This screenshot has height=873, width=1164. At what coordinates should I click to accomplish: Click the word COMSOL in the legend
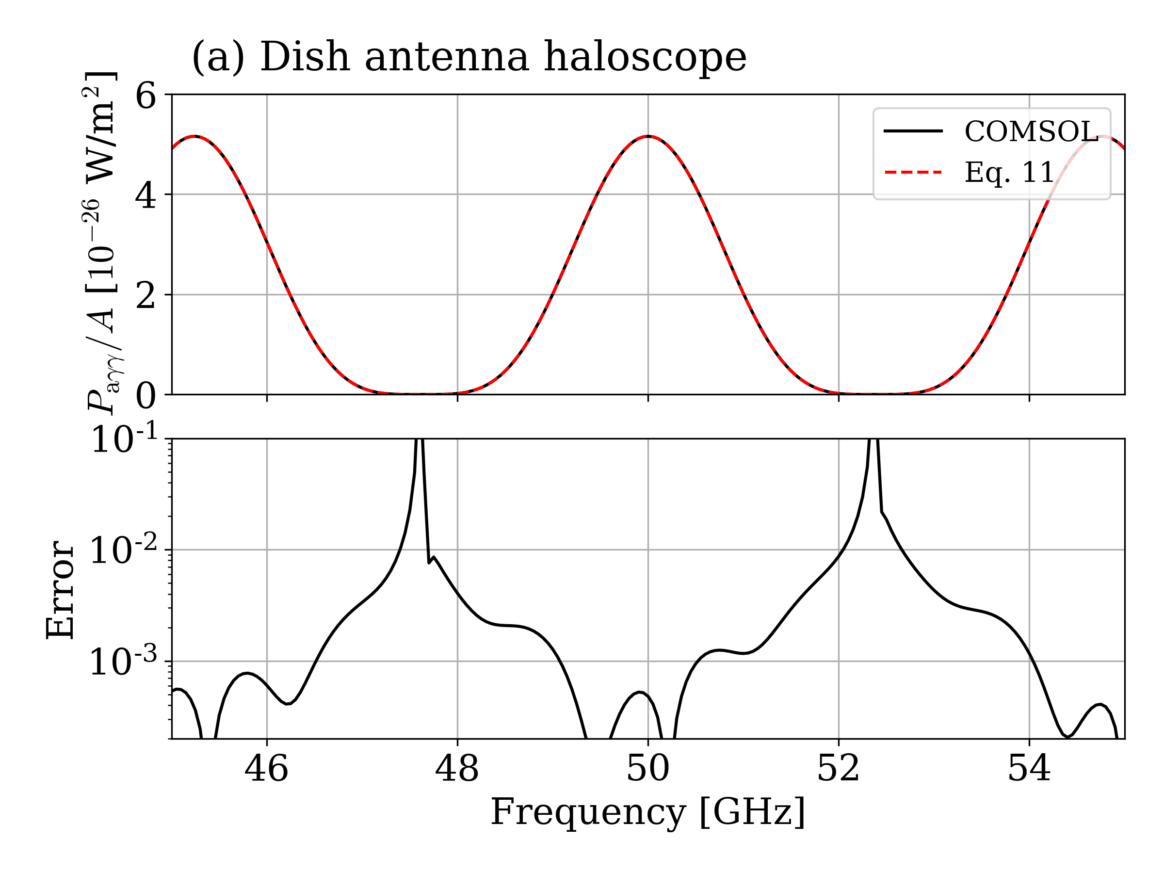[1030, 131]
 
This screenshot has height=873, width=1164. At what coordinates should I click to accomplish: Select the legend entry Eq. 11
[1008, 172]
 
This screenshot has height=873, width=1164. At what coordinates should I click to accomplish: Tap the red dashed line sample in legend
[913, 172]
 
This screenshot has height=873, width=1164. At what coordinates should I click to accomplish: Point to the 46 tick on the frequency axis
[266, 769]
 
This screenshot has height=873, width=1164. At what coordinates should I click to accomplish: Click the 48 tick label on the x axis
[457, 769]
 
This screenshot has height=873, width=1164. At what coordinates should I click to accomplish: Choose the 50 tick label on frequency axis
[648, 769]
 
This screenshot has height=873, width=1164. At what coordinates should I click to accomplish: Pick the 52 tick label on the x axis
[838, 769]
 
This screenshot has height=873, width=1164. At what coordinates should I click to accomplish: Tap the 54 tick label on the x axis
[1029, 769]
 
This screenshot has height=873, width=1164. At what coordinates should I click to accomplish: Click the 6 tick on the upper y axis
[146, 97]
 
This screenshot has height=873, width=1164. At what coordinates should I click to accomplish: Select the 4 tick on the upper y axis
[146, 196]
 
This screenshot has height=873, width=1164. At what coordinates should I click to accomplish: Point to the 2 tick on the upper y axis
[146, 296]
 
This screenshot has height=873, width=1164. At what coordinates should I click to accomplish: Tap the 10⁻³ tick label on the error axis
[124, 661]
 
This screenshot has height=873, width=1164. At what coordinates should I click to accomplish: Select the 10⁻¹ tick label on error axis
[124, 439]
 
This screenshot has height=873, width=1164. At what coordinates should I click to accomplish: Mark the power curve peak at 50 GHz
[648, 136]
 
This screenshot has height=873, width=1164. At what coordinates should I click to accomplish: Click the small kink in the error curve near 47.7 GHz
[431, 562]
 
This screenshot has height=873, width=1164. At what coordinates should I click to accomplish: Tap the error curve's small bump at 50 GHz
[639, 693]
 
